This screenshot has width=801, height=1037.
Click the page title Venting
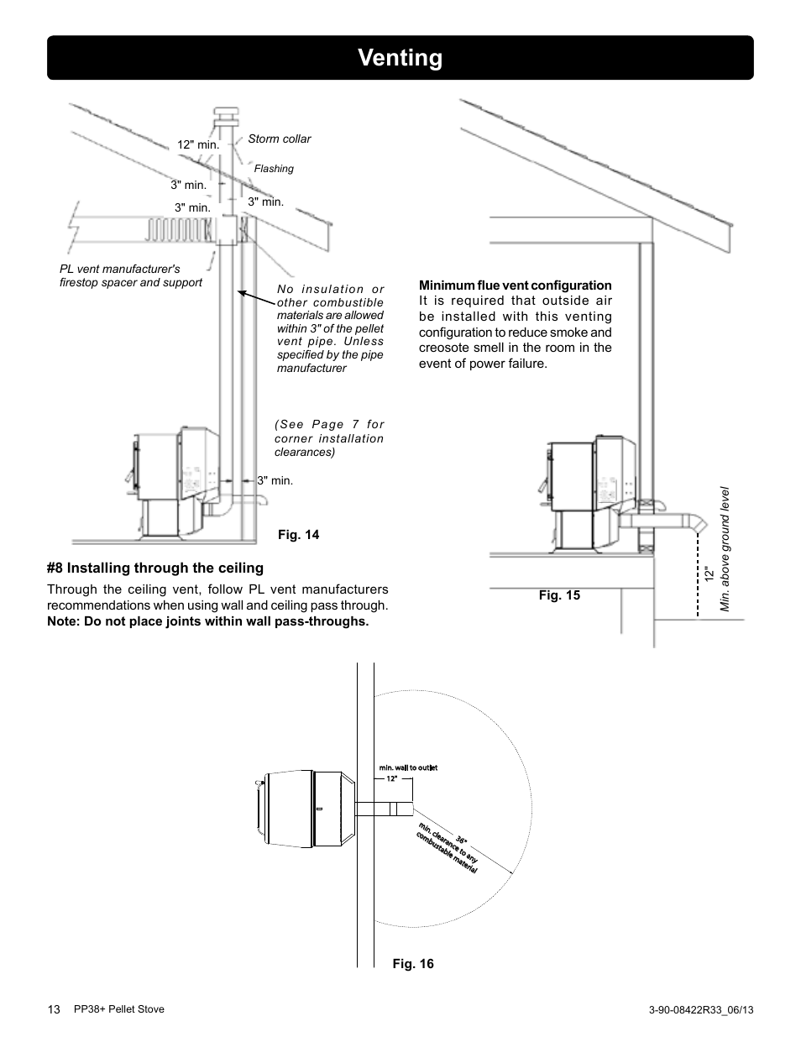[400, 58]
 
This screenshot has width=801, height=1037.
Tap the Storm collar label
[279, 139]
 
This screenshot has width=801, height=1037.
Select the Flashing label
[274, 169]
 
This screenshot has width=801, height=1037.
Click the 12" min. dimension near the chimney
[197, 144]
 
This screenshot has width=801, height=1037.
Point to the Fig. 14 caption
[298, 535]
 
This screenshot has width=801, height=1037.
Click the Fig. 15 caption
[559, 595]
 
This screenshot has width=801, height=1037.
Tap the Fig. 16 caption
[413, 964]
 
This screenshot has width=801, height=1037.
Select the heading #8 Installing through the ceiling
[155, 568]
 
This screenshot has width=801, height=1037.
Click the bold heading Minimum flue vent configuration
[515, 285]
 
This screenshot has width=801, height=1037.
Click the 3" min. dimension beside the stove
[275, 481]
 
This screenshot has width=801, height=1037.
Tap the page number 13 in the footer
[54, 1009]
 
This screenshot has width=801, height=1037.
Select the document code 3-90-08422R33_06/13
[701, 1010]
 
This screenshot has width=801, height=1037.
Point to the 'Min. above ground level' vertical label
[727, 550]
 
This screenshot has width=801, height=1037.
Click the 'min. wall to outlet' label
[408, 767]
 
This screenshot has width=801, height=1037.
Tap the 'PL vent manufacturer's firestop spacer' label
[130, 276]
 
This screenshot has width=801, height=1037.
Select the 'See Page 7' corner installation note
[328, 438]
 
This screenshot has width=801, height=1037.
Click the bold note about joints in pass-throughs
[207, 621]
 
